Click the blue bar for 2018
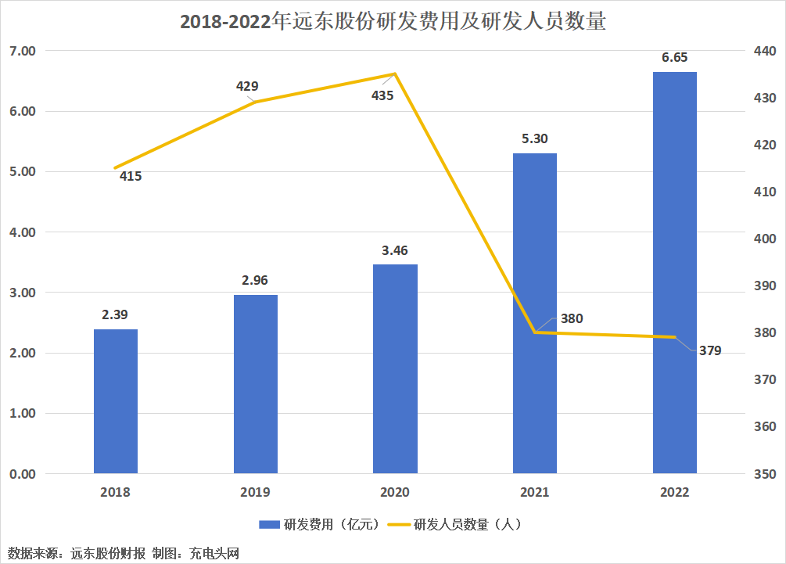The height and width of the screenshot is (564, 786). pos(116,401)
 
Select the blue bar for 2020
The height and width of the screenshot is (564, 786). pos(395,368)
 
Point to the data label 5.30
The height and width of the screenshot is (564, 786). pos(535,138)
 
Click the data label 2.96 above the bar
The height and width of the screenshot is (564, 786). pos(256,280)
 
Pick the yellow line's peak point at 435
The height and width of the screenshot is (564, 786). pos(395,74)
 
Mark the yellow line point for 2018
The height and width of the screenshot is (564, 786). pos(116,167)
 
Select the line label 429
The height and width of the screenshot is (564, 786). pos(247,86)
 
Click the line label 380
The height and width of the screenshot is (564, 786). pos(571,318)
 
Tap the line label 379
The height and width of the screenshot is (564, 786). pos(710,350)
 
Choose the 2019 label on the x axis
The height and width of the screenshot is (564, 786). pos(256,492)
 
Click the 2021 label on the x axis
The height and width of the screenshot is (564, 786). pos(535,492)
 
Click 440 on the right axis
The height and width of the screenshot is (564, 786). pos(764,52)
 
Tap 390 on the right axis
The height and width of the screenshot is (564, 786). pos(764,286)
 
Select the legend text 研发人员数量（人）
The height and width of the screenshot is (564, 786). pos(466,524)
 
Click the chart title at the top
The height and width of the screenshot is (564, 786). pos(393,22)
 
